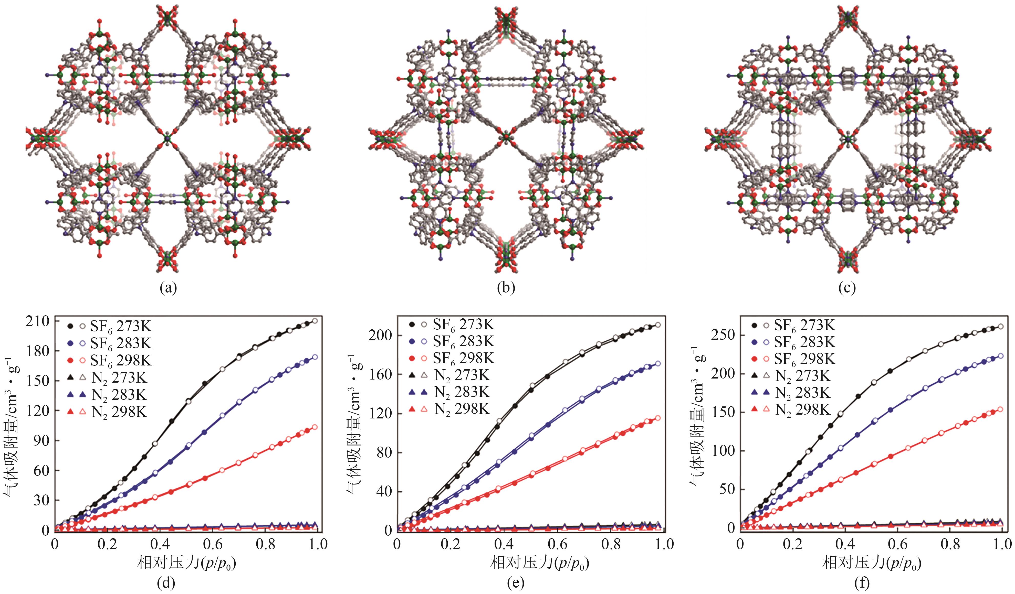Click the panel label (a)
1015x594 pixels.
[168, 288]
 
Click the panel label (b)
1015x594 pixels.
[506, 288]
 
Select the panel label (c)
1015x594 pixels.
[847, 288]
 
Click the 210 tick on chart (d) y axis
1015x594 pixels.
[38, 321]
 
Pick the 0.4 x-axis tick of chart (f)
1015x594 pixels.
[845, 544]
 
